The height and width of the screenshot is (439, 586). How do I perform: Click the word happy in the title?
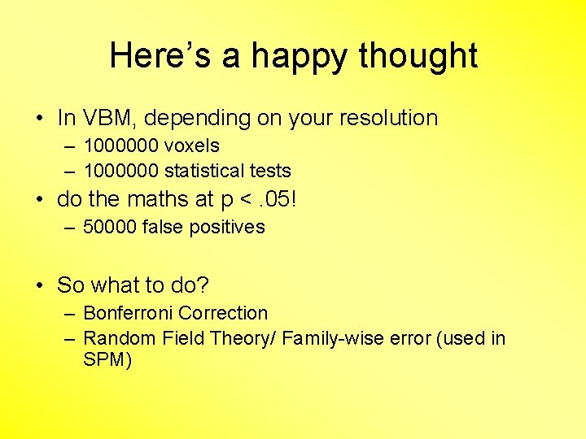[298, 56]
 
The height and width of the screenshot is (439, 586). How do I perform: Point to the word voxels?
[192, 146]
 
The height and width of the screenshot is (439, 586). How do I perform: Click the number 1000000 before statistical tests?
[120, 171]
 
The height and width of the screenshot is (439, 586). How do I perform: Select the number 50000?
[111, 227]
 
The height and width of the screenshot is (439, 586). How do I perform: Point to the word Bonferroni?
[128, 313]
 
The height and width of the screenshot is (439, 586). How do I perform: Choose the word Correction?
[223, 313]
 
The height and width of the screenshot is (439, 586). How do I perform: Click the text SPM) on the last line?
[107, 359]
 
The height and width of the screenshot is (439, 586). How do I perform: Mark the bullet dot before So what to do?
[39, 285]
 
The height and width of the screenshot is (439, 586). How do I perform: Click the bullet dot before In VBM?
[39, 119]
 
